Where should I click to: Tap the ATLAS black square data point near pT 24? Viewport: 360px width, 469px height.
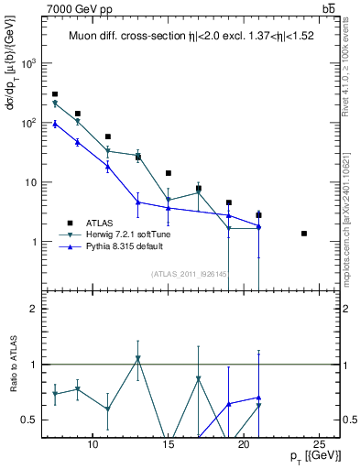pyautogui.click(x=304, y=234)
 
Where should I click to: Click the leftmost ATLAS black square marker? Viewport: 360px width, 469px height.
pyautogui.click(x=55, y=94)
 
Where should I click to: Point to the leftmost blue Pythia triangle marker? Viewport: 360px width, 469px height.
pyautogui.click(x=55, y=124)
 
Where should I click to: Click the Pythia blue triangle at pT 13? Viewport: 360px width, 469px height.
pyautogui.click(x=137, y=202)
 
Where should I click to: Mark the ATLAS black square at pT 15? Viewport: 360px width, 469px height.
pyautogui.click(x=169, y=173)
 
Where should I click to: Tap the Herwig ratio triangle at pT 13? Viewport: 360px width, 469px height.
pyautogui.click(x=137, y=358)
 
